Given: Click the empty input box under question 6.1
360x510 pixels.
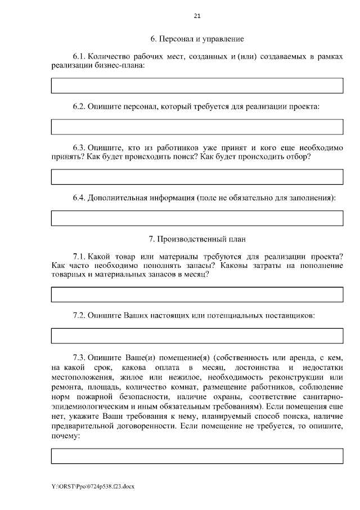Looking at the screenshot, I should pyautogui.click(x=197, y=86).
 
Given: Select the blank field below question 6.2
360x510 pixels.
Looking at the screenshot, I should pyautogui.click(x=197, y=127).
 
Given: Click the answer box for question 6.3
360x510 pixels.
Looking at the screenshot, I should pyautogui.click(x=197, y=176).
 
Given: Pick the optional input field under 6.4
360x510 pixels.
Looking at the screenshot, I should pyautogui.click(x=197, y=217).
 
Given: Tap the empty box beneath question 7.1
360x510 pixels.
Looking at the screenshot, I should pyautogui.click(x=197, y=294).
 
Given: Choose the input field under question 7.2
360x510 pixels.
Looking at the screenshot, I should pyautogui.click(x=197, y=335).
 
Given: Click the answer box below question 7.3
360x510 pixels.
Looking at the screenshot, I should pyautogui.click(x=197, y=455).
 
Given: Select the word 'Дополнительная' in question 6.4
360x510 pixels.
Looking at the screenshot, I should pyautogui.click(x=119, y=198).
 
